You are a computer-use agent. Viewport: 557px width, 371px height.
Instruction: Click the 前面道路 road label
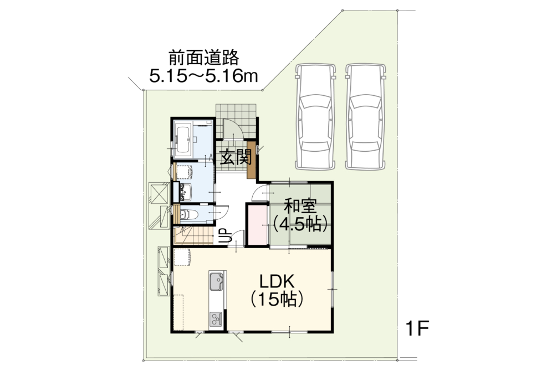(203, 58)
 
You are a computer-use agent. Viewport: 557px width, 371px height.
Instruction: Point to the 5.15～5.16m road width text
(203, 76)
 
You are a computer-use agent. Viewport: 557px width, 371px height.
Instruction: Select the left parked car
(315, 116)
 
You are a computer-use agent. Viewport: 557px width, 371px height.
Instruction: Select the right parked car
(366, 116)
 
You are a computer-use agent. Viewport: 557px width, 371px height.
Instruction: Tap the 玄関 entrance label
(235, 157)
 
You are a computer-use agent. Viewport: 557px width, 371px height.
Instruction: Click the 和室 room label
(300, 207)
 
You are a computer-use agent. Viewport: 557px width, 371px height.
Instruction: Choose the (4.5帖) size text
(300, 224)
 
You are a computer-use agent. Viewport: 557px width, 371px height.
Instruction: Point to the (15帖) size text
(277, 299)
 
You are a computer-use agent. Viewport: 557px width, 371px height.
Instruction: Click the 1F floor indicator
(417, 328)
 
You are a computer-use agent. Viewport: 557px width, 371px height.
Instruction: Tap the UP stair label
(224, 236)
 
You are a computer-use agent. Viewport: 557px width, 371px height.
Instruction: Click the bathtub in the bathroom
(183, 139)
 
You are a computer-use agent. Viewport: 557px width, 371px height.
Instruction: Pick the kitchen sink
(216, 281)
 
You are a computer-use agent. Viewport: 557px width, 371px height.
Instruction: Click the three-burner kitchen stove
(216, 319)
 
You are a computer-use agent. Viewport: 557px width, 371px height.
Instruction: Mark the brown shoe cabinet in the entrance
(252, 160)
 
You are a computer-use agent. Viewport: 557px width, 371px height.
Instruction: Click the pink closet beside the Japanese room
(258, 225)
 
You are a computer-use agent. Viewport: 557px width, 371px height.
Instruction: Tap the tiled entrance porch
(236, 121)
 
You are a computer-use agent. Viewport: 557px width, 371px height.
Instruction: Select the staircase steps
(193, 236)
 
